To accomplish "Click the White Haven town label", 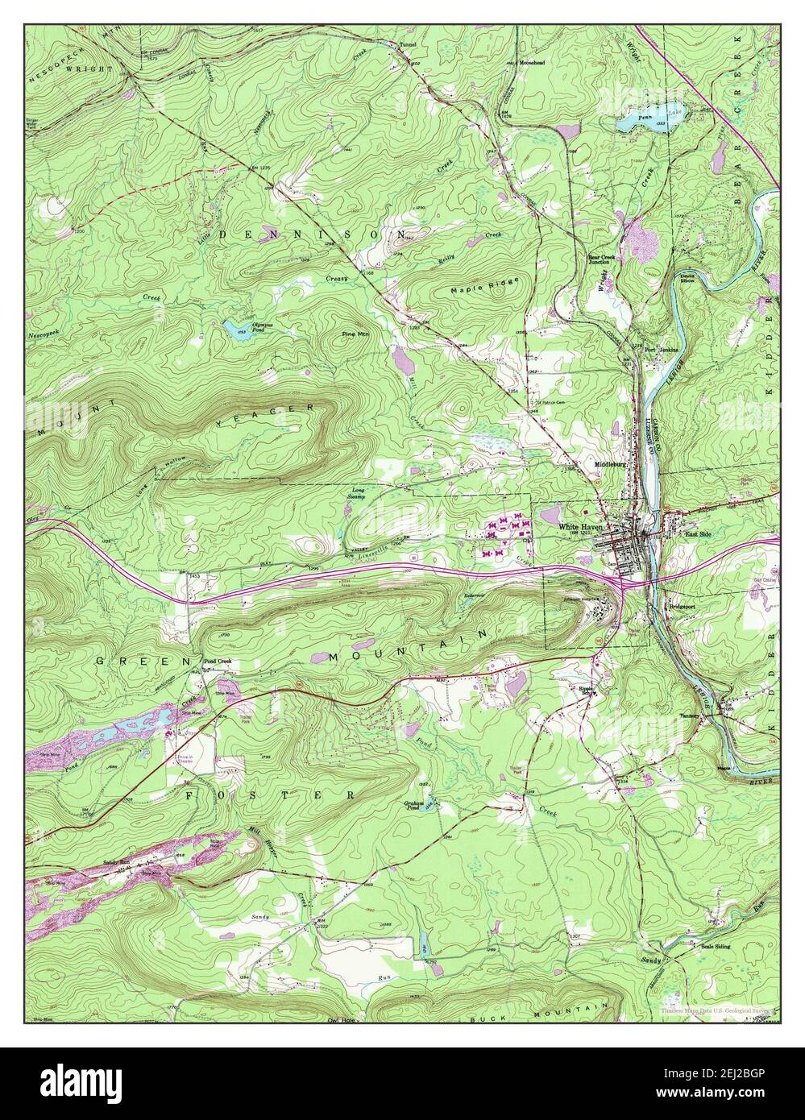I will pyautogui.click(x=580, y=526).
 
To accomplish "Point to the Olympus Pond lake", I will pyautogui.click(x=234, y=329).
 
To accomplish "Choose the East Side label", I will pyautogui.click(x=698, y=533).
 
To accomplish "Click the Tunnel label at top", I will pyautogui.click(x=407, y=45).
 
